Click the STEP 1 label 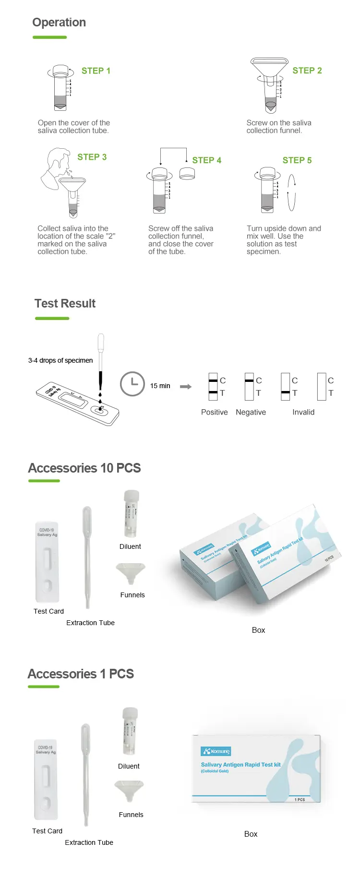point(96,71)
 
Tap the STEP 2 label point(307,71)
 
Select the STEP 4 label point(207,160)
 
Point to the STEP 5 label point(297,160)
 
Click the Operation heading point(59,23)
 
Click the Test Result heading point(65,304)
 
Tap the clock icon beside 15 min point(132,384)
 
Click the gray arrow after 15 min point(186,386)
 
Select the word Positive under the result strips point(215,412)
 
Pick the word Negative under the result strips point(251,412)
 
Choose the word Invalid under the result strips point(303,412)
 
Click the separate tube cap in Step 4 point(187,174)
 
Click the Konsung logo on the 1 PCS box point(216,751)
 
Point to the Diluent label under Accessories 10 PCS point(130,546)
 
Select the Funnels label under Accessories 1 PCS point(131,815)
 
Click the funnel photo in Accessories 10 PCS point(131,572)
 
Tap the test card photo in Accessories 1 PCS point(46,780)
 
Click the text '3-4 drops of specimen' point(60,360)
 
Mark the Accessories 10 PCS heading point(84,468)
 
